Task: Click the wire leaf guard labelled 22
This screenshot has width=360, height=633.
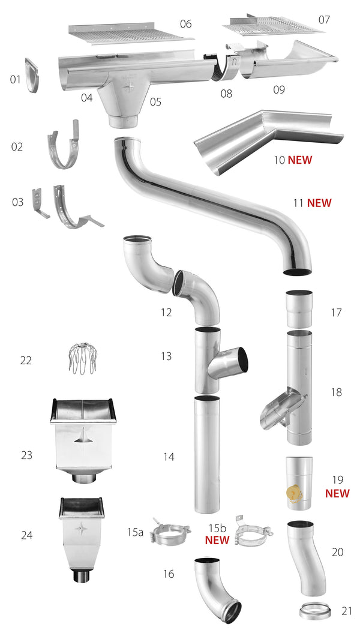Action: click(80, 358)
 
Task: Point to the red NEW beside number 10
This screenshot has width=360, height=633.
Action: click(300, 160)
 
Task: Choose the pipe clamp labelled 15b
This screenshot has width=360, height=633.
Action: click(253, 532)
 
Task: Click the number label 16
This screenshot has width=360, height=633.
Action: click(168, 574)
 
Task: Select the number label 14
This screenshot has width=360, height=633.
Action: click(168, 457)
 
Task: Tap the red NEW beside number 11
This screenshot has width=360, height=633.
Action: click(319, 203)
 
